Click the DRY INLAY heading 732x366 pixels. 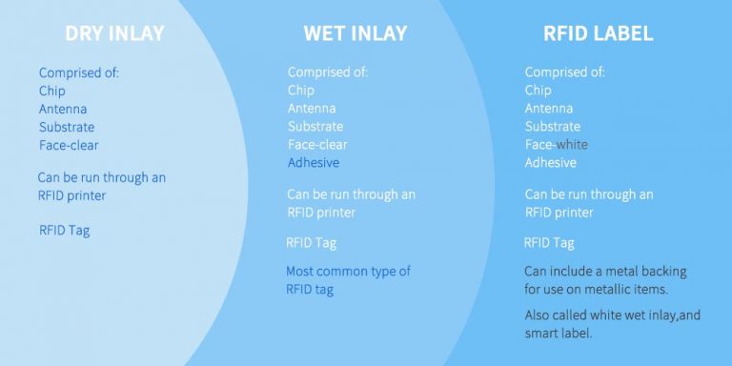(114, 33)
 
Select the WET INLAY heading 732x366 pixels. (355, 33)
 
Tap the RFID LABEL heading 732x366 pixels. (598, 33)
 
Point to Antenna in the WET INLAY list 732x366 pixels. (312, 109)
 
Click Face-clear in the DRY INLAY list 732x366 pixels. (69, 145)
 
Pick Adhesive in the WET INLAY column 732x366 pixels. (315, 163)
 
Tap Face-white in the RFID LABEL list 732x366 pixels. (556, 145)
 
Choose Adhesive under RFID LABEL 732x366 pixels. (551, 163)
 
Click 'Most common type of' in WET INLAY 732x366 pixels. (348, 272)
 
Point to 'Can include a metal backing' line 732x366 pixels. (605, 272)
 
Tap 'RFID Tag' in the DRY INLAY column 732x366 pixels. (64, 230)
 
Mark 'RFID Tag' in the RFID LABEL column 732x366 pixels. (549, 243)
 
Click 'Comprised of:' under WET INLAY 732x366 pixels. (328, 72)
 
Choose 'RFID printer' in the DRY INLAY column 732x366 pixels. (71, 196)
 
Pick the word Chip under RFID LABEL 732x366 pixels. (538, 91)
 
